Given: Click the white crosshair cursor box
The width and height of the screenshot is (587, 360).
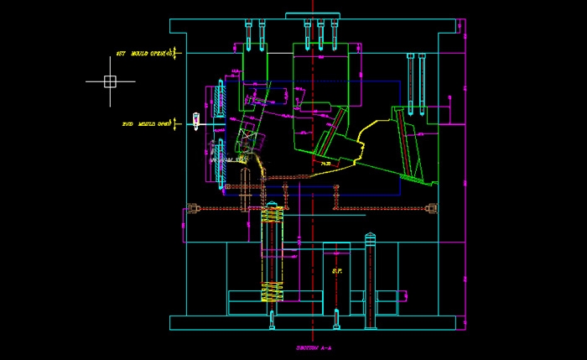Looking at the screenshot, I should pos(109,81).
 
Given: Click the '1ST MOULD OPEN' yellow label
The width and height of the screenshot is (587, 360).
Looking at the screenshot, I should pos(142,54).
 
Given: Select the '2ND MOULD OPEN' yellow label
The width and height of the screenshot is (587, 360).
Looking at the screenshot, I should pos(148,124).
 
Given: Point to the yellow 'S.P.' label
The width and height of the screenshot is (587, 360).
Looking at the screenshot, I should pos(337,270).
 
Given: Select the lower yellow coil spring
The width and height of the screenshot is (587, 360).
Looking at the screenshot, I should pos(272,291).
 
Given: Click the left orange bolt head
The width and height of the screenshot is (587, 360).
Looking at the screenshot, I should pos(194,209).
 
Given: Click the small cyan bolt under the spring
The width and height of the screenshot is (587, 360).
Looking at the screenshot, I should pos(272,318).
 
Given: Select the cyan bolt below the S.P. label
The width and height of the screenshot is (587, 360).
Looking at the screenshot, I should pos(337,318).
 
